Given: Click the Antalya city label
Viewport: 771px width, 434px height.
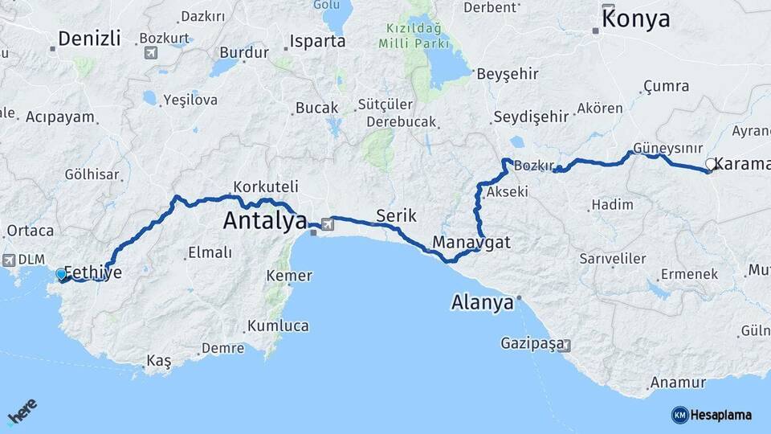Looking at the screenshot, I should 265,219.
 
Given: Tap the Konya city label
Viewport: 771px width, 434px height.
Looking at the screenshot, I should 635,18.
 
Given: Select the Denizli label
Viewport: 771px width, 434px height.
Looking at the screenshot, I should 89,38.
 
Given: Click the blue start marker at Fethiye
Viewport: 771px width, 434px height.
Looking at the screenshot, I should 61,275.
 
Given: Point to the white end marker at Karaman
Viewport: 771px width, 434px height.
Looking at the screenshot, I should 710,165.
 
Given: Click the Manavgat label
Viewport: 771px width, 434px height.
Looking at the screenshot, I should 471,241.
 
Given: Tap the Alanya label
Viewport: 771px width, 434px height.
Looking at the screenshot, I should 482,303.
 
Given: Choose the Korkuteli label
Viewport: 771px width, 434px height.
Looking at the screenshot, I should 266,185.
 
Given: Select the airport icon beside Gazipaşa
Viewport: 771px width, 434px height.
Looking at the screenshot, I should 566,346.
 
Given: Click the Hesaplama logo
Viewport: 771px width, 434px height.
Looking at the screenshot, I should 712,415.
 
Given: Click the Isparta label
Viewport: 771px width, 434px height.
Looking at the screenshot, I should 317,41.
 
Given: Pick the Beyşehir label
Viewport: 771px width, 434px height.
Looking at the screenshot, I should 507,73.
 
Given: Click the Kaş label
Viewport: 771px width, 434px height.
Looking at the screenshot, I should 159,362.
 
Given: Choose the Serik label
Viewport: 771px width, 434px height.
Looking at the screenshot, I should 395,215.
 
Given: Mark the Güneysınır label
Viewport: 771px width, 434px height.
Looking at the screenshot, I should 667,149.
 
